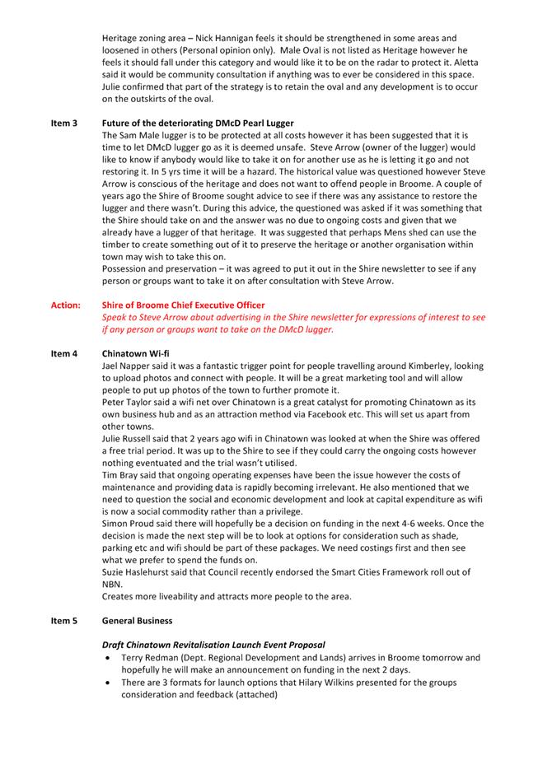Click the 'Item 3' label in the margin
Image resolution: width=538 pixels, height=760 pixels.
[x=63, y=124]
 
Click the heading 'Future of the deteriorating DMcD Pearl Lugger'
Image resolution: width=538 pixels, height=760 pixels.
[x=198, y=124]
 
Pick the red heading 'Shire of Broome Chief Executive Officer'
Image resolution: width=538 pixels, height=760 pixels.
[x=183, y=305]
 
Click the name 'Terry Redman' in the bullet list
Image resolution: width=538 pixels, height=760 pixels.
[x=148, y=658]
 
